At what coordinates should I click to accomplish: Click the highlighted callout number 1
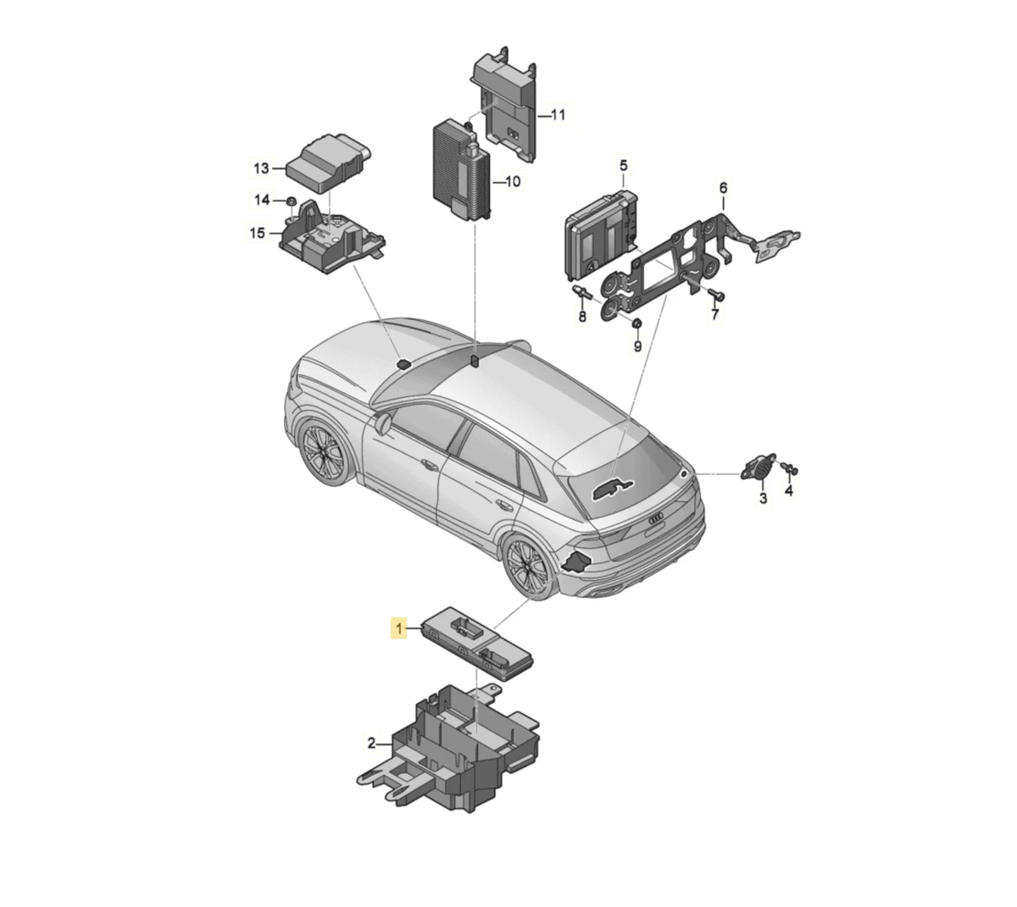[398, 628]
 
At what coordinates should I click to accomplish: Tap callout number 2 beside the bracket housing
[371, 743]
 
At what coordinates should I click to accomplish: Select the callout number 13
[261, 168]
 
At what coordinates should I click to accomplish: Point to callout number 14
[262, 200]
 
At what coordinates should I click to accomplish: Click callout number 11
[559, 115]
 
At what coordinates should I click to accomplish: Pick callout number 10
[513, 181]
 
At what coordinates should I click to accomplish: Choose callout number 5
[624, 165]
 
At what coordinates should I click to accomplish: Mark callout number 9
[637, 346]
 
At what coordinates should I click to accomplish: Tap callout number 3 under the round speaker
[763, 498]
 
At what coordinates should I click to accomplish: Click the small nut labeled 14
[290, 201]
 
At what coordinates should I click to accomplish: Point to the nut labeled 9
[636, 323]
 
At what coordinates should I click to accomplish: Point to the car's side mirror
[382, 424]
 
